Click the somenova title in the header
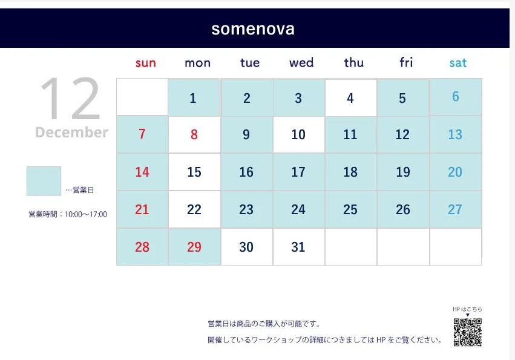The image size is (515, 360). (253, 29)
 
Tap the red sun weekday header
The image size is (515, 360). (145, 63)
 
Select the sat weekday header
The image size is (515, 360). (458, 63)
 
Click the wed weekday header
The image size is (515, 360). (301, 62)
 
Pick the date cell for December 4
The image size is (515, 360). (351, 97)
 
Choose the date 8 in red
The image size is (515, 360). (194, 134)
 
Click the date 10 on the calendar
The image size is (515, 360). (298, 134)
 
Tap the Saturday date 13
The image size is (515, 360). (455, 134)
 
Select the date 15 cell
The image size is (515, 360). (194, 172)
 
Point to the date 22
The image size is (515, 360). (194, 209)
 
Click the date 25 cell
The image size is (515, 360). (351, 209)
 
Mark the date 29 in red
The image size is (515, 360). (194, 247)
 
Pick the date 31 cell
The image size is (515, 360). (298, 247)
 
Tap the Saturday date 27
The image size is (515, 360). (455, 209)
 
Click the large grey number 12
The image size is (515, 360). (70, 99)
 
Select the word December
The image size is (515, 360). (71, 133)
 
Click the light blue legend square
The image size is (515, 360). (44, 181)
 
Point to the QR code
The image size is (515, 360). (468, 332)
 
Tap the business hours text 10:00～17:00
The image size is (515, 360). (86, 215)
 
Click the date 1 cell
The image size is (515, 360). (194, 97)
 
